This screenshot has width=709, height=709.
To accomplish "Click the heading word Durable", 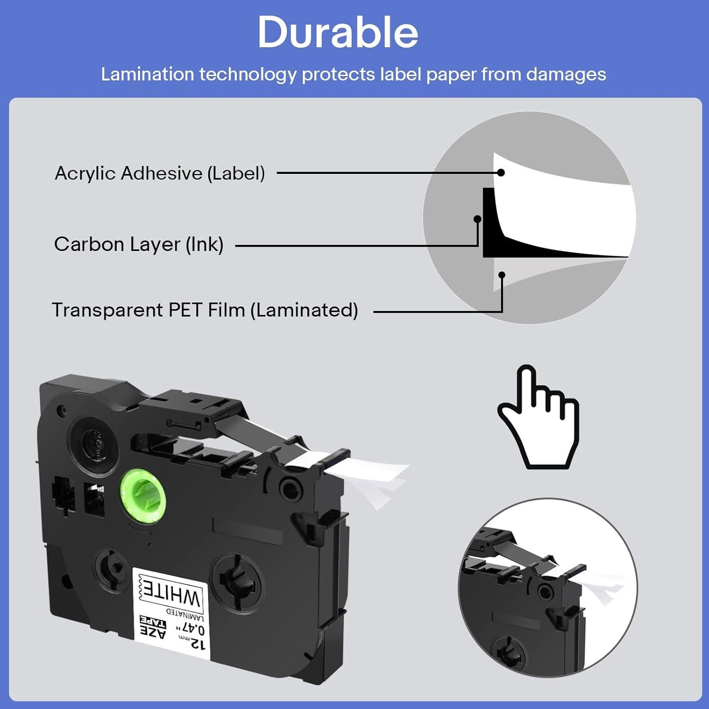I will click(337, 32).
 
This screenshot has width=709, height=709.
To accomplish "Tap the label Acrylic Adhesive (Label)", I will click(160, 173).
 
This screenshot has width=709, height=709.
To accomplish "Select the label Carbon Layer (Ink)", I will click(138, 244).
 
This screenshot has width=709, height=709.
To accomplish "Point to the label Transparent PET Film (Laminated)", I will click(205, 310).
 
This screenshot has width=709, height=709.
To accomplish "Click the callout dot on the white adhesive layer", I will click(501, 173).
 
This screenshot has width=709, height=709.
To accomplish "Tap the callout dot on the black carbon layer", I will click(477, 219).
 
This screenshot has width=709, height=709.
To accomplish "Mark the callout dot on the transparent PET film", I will click(502, 275).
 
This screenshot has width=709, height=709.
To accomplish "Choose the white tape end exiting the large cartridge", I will click(378, 477).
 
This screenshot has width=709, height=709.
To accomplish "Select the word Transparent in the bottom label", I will click(107, 310).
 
